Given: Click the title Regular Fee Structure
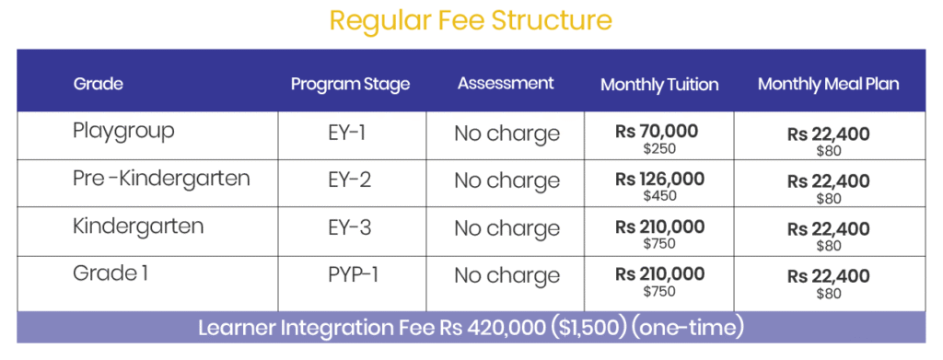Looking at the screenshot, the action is click(471, 20).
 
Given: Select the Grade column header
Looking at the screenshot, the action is click(98, 84).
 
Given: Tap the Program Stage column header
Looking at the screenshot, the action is click(351, 84).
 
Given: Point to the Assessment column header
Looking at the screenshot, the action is click(506, 83).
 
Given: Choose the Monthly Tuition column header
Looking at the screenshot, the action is click(659, 85).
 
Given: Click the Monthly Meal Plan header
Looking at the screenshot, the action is click(829, 84).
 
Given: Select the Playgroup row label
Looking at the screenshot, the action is click(123, 131).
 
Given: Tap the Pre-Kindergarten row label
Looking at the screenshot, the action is click(161, 179).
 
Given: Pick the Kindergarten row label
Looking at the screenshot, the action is click(138, 226).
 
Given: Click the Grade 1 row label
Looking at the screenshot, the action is click(111, 273).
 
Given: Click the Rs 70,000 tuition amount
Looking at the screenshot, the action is click(657, 132).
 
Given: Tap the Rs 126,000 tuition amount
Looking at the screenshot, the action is click(659, 180).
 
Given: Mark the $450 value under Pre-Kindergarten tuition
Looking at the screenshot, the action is click(659, 196).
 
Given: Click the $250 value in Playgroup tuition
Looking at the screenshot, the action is click(659, 148).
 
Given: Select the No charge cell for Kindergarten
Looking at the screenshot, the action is click(507, 228).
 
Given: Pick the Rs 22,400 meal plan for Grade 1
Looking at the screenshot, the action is click(829, 277).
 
